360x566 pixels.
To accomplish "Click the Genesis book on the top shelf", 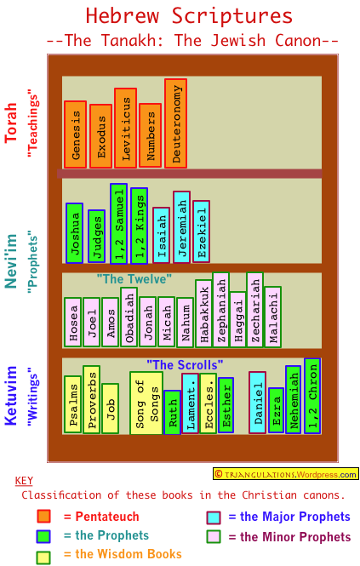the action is coord(75,134).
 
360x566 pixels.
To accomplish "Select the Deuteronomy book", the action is coord(175,123).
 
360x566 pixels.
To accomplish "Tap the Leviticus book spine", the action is coord(125,128).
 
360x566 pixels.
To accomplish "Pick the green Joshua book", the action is coord(74,233).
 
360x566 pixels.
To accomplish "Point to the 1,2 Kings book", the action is coord(139,226).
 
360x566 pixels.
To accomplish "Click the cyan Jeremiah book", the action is coord(181,227).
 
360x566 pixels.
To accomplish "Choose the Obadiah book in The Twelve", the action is coord(129,317).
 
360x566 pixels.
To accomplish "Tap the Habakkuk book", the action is coord(203,314).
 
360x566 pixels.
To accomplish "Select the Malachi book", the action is coord(273,317).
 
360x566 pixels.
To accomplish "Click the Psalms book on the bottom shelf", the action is coord(72,404).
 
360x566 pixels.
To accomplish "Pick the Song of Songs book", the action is coord(146,403).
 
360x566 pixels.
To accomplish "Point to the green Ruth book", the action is coord(172,412).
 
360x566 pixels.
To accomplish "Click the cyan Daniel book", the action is coord(258,402).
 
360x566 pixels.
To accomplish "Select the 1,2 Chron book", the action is coord(312,396).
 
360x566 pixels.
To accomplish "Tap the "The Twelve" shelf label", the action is coord(134,279).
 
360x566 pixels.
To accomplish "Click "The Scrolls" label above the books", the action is coord(185,365).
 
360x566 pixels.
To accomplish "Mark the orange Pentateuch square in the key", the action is coord(43,516).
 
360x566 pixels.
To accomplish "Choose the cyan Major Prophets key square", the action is coord(214,517).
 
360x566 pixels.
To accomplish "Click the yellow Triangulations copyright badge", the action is coord(286,474).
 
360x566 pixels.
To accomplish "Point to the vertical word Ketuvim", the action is coord(11,396).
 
